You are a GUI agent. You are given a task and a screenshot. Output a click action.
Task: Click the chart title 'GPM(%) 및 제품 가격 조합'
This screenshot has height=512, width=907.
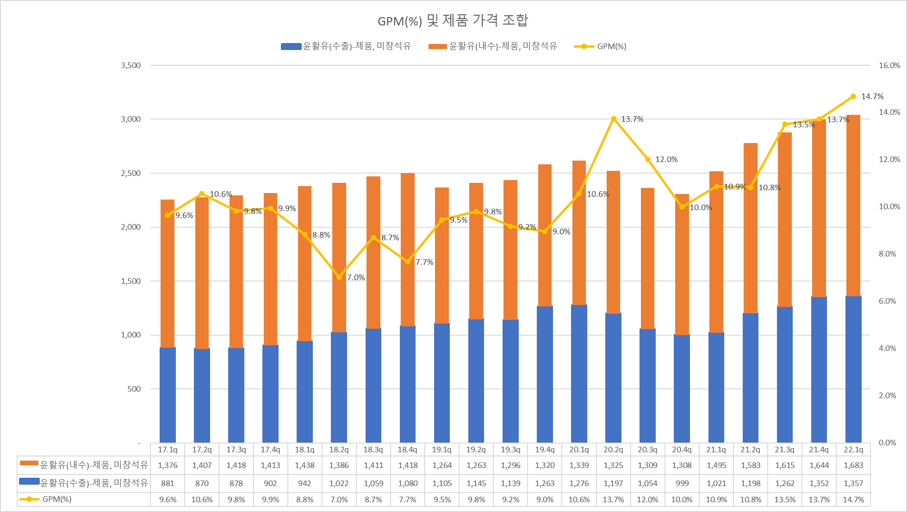[x=453, y=21]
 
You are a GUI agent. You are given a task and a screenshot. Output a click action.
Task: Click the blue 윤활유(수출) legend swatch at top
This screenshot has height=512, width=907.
[x=291, y=46]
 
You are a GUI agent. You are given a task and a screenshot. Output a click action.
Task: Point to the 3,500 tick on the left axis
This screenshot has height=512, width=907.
[x=131, y=65]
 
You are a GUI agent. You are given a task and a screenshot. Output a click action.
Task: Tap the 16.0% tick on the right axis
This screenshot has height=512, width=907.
[x=889, y=65]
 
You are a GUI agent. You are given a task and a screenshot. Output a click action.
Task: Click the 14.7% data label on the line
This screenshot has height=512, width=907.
[x=872, y=96]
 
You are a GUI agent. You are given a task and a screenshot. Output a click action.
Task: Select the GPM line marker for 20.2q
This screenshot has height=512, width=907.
[x=614, y=119]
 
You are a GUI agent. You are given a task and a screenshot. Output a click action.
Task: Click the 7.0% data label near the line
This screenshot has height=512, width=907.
[x=356, y=277]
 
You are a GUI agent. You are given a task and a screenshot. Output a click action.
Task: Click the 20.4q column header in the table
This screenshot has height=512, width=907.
[x=682, y=450]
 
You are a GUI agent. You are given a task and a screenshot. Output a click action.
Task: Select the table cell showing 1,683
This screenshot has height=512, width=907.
[x=853, y=465]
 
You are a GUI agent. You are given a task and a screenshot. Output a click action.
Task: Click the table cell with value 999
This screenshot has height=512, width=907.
[x=682, y=483]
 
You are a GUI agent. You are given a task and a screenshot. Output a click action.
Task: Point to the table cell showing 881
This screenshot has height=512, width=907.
[x=168, y=483]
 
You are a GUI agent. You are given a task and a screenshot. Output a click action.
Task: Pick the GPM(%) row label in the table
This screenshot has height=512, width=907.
[x=56, y=499]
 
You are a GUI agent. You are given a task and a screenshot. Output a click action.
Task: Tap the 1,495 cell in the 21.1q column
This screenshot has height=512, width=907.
[x=716, y=465]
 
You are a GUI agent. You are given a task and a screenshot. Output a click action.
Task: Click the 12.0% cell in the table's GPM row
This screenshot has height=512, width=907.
[x=647, y=500]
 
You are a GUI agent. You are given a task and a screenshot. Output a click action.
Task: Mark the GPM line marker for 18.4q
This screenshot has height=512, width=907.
[x=408, y=262]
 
